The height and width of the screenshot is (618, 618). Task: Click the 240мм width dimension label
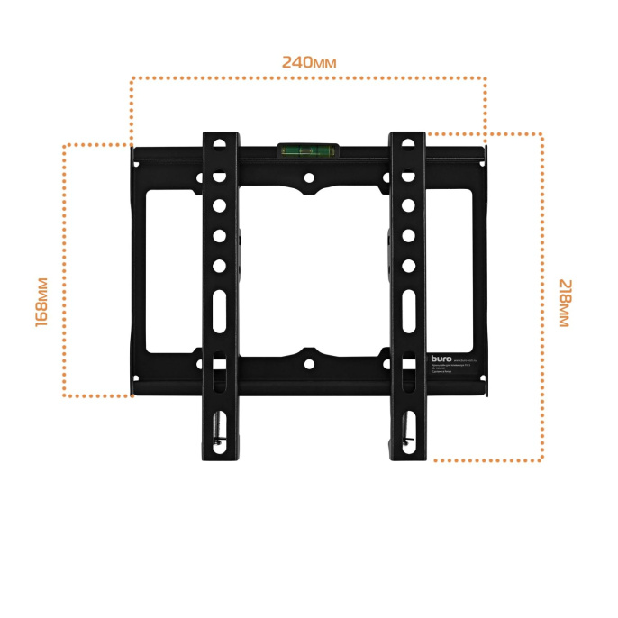tap(308, 62)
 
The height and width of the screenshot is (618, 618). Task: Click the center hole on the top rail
tap(308, 179)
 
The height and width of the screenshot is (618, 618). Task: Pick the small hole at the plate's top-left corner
tap(135, 163)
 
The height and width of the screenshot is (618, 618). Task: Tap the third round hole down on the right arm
tap(407, 206)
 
